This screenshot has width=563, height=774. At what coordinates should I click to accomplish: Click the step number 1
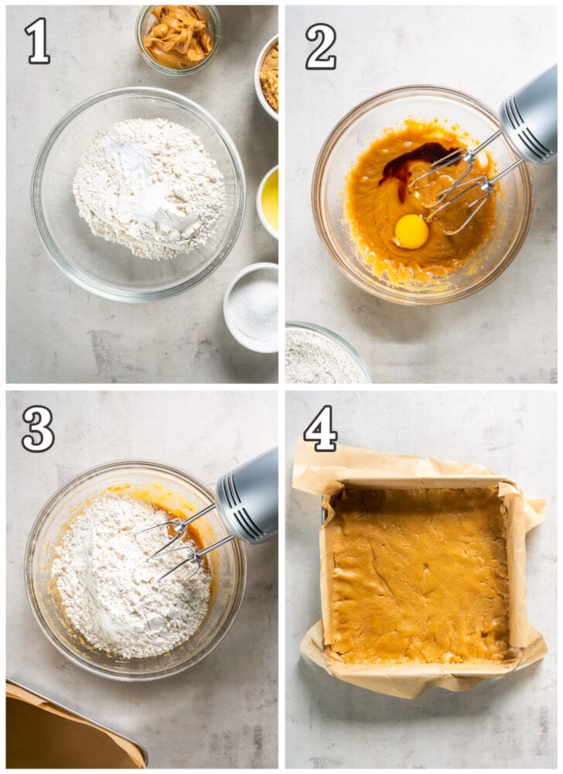tap(37, 40)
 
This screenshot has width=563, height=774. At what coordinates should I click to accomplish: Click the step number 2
tap(320, 46)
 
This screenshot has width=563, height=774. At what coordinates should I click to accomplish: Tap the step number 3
tap(38, 428)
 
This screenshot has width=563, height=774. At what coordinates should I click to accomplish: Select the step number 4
tap(320, 428)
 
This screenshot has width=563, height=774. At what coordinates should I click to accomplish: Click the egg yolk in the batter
tap(411, 231)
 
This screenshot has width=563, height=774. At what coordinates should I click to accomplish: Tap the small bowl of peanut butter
tap(178, 37)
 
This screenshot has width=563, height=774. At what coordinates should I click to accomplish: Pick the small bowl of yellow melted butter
tap(269, 200)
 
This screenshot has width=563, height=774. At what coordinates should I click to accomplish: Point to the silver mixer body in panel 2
tap(530, 116)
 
